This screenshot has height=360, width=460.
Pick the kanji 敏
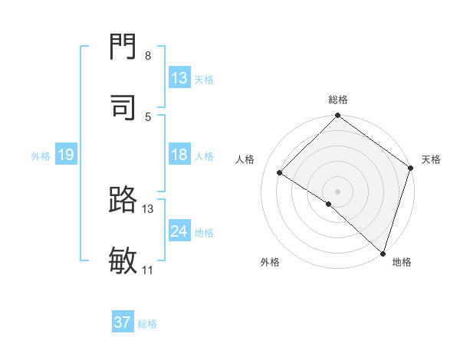click(x=123, y=259)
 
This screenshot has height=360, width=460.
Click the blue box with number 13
click(x=179, y=78)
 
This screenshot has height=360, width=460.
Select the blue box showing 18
click(x=179, y=155)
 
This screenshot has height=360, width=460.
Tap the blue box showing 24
click(x=179, y=231)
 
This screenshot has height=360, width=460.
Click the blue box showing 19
click(x=65, y=155)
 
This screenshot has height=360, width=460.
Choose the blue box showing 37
click(x=123, y=322)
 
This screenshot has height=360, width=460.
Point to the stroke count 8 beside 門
click(x=148, y=56)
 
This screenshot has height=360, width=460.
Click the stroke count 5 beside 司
click(x=148, y=116)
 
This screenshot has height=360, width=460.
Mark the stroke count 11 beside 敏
click(x=148, y=270)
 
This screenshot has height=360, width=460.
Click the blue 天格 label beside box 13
click(x=204, y=79)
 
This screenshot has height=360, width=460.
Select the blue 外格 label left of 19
click(x=41, y=155)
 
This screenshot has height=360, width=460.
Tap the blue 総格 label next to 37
click(x=147, y=323)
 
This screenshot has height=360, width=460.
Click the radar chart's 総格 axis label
click(x=338, y=100)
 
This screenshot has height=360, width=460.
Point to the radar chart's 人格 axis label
click(x=245, y=159)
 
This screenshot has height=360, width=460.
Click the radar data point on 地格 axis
click(x=383, y=253)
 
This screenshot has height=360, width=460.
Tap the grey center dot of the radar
click(x=337, y=191)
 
